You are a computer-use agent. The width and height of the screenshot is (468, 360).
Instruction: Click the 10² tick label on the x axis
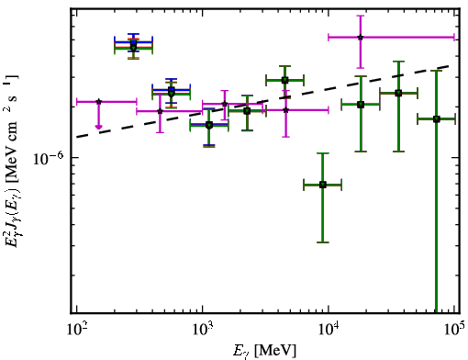click(76, 329)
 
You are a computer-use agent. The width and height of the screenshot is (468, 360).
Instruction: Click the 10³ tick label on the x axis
click(202, 329)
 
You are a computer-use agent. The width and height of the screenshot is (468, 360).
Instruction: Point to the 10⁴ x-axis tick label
click(328, 329)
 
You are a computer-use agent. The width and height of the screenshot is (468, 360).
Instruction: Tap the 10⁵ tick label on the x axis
click(454, 329)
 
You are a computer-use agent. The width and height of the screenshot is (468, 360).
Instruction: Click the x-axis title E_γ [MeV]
click(264, 351)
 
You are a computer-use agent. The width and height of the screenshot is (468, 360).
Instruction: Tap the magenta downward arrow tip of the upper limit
click(98, 129)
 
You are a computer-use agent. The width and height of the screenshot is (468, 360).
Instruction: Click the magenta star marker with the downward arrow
click(98, 102)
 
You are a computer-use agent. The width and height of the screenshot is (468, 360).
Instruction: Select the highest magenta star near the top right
click(361, 38)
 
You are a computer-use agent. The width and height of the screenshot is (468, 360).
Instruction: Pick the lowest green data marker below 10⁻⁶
click(322, 185)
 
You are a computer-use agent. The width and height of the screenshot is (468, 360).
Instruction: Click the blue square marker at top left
click(133, 42)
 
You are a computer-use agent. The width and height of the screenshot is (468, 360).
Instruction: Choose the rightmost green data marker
click(436, 119)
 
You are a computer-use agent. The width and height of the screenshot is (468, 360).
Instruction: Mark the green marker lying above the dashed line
click(284, 81)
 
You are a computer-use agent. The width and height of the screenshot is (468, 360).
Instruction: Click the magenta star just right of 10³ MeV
click(225, 104)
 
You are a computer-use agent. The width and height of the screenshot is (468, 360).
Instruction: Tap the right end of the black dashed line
click(449, 65)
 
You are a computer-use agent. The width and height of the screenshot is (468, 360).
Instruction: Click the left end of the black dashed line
click(76, 137)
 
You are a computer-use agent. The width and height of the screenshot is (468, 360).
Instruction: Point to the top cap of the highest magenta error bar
click(361, 16)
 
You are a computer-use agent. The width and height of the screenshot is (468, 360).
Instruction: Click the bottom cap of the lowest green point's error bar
click(322, 242)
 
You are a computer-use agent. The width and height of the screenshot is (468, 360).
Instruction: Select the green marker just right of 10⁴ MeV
click(361, 105)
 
